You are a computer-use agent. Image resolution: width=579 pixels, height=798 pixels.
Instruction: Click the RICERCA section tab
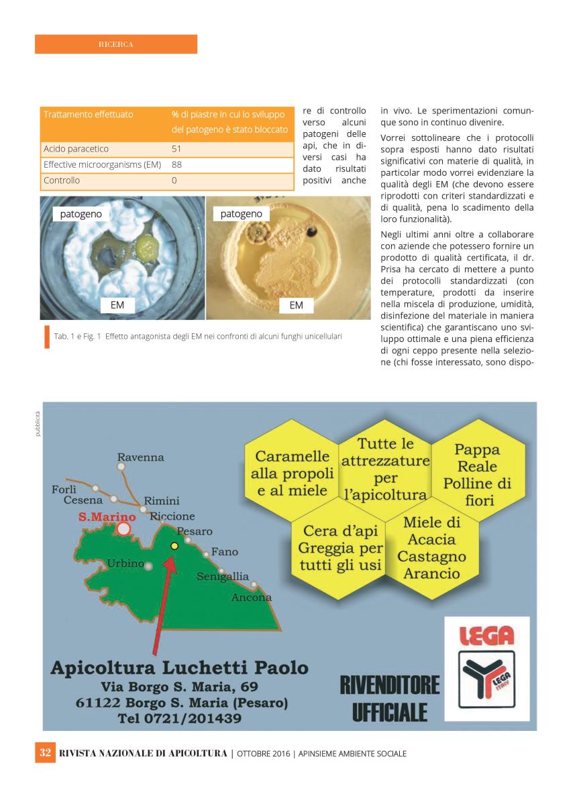tap(115, 44)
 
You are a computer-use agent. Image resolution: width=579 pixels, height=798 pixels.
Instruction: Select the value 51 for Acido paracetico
tap(177, 148)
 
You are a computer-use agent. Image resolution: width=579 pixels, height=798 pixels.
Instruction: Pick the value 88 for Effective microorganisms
tap(177, 164)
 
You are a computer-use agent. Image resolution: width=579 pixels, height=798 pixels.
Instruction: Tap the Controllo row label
tap(62, 180)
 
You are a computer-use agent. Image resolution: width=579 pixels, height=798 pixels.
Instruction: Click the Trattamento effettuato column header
tap(88, 115)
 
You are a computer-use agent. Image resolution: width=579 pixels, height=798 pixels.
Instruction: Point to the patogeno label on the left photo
tap(81, 214)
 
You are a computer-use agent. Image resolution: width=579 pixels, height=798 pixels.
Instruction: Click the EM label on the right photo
tap(296, 305)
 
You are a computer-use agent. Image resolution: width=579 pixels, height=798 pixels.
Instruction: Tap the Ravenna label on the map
tap(140, 457)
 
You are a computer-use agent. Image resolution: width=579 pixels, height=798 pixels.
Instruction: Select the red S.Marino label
tap(107, 517)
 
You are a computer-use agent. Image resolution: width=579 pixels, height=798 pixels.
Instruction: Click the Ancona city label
tap(251, 597)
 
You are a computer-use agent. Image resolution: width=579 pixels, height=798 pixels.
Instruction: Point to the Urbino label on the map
tap(125, 563)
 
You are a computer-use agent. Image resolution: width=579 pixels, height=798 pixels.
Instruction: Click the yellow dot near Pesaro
tap(174, 546)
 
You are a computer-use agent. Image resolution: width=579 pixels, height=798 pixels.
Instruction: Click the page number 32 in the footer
tap(46, 753)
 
